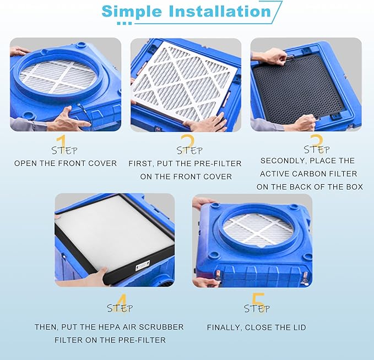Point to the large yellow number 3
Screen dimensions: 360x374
316,142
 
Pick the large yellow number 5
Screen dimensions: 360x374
257,303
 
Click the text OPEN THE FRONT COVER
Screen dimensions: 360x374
66,163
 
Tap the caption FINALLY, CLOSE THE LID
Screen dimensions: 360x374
256,327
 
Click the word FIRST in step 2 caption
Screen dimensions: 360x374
141,164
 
